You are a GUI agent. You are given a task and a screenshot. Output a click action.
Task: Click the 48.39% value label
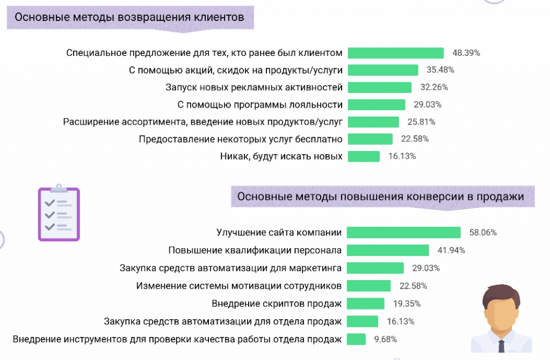pyautogui.click(x=466, y=53)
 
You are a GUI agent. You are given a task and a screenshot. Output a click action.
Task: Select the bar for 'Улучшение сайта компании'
pyautogui.click(x=403, y=232)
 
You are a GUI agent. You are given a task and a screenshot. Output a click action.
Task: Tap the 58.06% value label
pyautogui.click(x=483, y=233)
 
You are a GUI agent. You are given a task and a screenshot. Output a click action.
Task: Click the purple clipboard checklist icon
pyautogui.click(x=59, y=213)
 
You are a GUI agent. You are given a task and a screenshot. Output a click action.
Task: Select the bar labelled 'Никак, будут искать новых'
pyautogui.click(x=364, y=156)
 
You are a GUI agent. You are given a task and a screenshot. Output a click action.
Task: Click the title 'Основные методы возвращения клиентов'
pyautogui.click(x=129, y=17)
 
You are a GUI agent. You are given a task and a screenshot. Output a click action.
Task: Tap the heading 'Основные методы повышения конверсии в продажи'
pyautogui.click(x=380, y=197)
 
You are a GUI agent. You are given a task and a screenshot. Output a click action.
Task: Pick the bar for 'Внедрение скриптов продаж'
pyautogui.click(x=366, y=304)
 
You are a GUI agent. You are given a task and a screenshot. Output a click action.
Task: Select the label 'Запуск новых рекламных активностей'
pyautogui.click(x=254, y=87)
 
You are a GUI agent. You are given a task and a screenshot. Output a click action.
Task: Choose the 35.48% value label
pyautogui.click(x=440, y=70)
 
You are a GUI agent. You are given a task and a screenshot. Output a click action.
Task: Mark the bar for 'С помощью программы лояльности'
pyautogui.click(x=377, y=104)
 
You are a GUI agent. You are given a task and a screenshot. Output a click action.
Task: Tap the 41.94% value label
pyautogui.click(x=451, y=250)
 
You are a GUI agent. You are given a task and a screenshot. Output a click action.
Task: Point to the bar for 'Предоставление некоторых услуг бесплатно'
pyautogui.click(x=370, y=139)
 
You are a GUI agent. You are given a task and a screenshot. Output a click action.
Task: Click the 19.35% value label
pyautogui.click(x=407, y=304)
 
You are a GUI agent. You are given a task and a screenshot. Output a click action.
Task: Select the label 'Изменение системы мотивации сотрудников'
pyautogui.click(x=239, y=285)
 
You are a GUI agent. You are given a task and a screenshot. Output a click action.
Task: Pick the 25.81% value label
pyautogui.click(x=421, y=122)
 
